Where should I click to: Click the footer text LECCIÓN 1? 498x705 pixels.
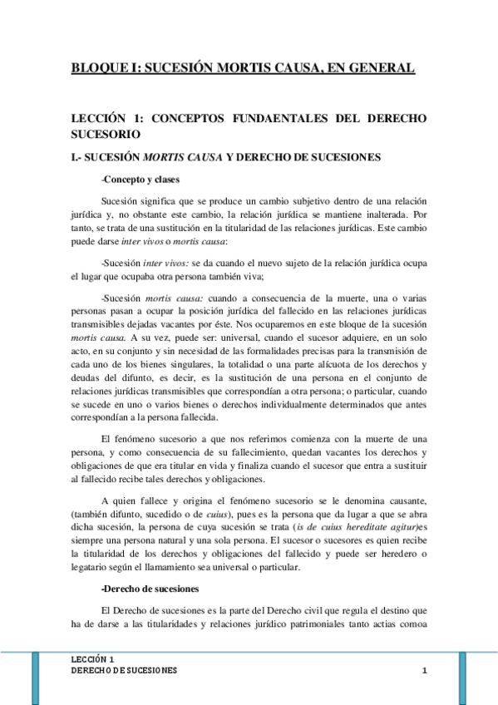pos(93,658)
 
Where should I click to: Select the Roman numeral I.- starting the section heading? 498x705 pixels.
pos(77,155)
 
